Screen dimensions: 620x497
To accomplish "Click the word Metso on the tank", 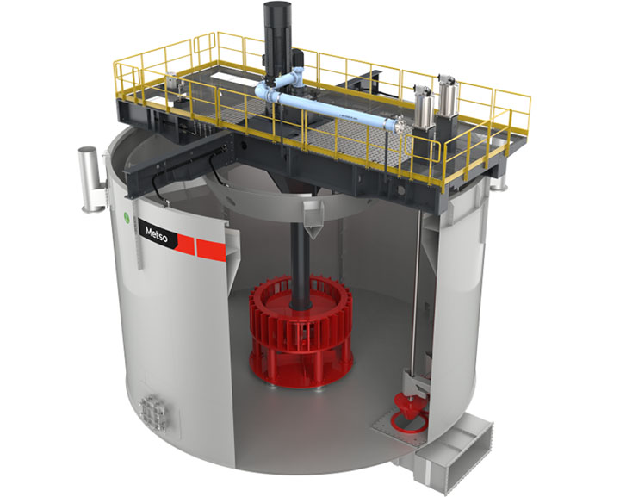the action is point(157,233).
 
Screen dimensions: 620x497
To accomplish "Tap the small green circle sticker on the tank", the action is point(127,217).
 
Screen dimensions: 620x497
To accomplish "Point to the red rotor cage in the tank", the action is point(301,332).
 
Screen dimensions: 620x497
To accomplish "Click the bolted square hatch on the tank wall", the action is point(152,413).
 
